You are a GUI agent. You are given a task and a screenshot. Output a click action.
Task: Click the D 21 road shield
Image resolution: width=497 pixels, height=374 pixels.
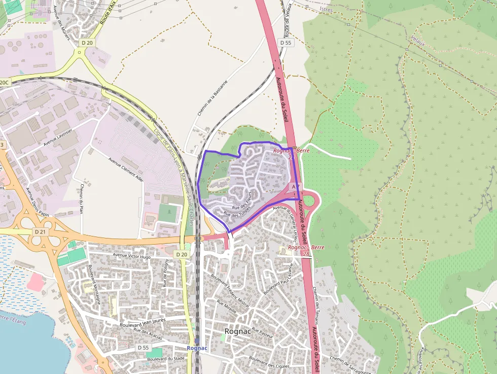click(40, 231)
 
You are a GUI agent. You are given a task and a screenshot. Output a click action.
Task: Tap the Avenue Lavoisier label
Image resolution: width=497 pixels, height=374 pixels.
click(58, 138)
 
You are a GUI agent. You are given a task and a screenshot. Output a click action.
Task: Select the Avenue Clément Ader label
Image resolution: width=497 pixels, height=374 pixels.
click(126, 169)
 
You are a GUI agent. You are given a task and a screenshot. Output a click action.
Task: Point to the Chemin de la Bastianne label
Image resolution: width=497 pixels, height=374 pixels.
click(212, 97)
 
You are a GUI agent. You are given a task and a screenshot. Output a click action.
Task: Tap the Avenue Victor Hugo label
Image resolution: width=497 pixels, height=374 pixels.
click(131, 256)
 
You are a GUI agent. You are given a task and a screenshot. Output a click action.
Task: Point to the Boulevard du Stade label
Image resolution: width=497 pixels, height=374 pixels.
click(165, 358)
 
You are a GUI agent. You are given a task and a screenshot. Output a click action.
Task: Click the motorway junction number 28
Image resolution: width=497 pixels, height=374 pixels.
click(306, 253)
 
